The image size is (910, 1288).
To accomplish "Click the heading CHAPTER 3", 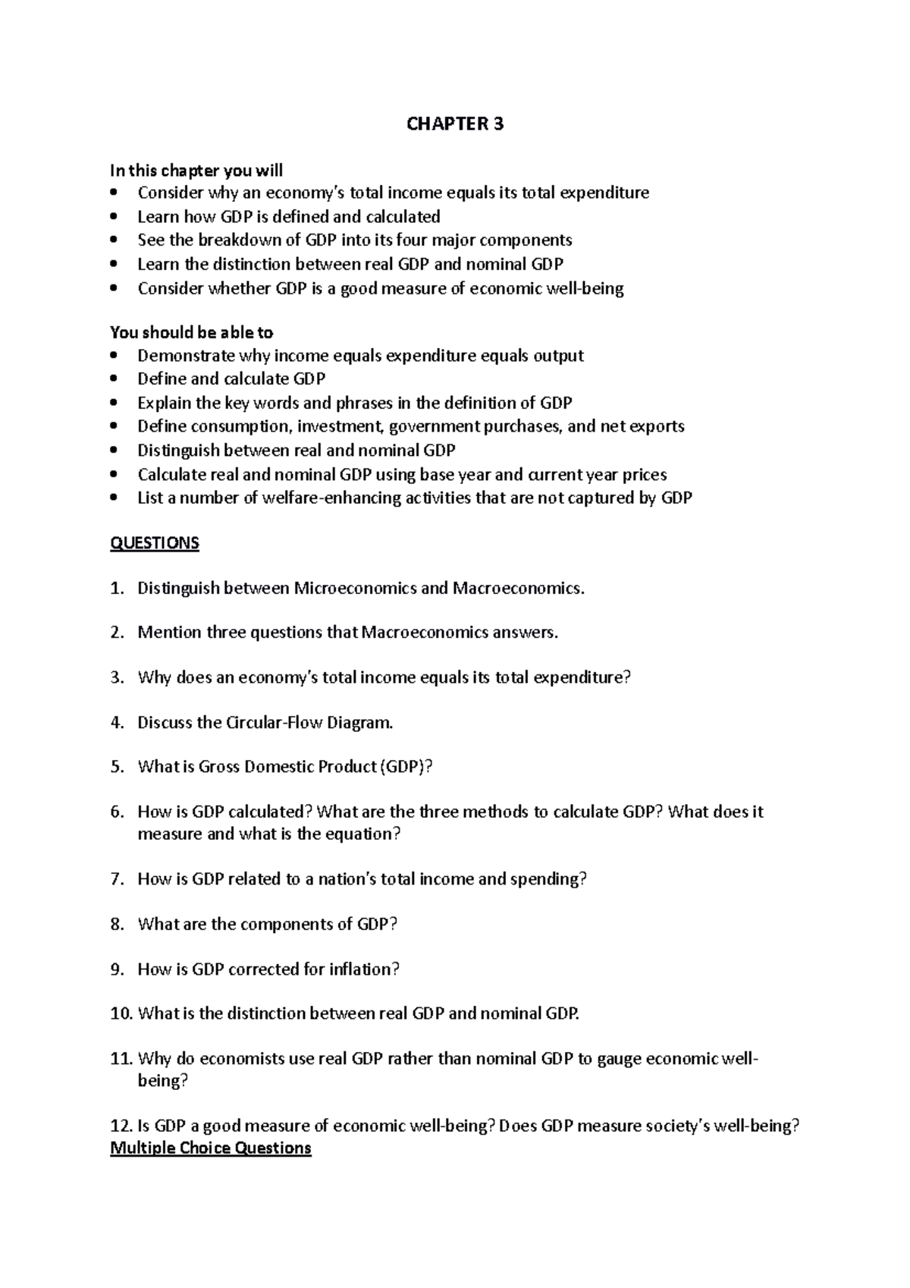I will click(454, 124).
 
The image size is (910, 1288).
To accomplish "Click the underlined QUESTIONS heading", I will click(155, 543).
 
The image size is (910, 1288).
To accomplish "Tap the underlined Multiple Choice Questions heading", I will click(211, 1148).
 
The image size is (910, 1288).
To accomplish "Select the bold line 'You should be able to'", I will click(191, 332).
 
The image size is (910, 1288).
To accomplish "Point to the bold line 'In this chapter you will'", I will click(196, 171).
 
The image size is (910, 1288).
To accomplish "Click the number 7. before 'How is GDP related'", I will click(117, 879).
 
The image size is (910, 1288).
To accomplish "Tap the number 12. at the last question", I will click(121, 1126).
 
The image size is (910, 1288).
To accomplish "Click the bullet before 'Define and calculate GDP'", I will click(115, 379).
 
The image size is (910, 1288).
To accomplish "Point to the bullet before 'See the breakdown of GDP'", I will click(115, 240).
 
